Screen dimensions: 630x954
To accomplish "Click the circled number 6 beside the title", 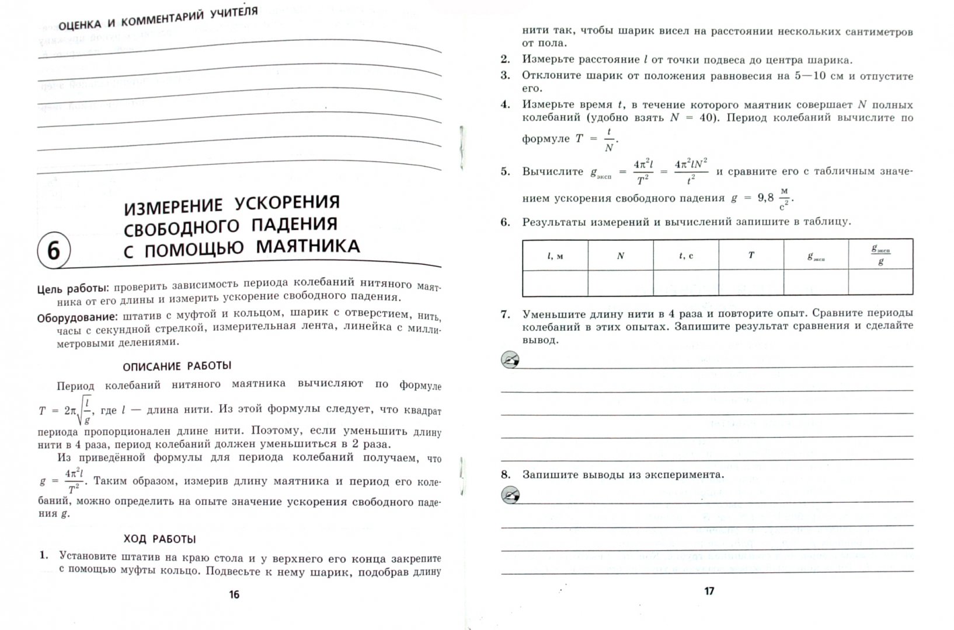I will coord(53,251).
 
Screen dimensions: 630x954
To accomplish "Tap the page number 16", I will coord(234,594).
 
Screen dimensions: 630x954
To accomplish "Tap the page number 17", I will coord(709,591).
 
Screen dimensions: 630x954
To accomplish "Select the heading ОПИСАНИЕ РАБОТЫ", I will coord(177,366).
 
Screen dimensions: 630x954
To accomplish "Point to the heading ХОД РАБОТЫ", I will coord(159,539).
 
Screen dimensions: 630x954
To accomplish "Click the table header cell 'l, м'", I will coord(555,256).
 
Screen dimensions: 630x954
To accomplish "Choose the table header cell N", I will coord(620,256).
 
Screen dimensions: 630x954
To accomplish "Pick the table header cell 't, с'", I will coord(686,256).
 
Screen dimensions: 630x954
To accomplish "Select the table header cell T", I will coord(751,255).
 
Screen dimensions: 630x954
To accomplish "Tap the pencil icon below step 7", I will coord(510,360).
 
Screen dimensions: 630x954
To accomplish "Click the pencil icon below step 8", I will coord(510,496).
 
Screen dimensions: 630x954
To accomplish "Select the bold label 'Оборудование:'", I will coord(77,318).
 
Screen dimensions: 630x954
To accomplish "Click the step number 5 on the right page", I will coord(505,171).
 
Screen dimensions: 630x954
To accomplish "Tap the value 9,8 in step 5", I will coord(765,198).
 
